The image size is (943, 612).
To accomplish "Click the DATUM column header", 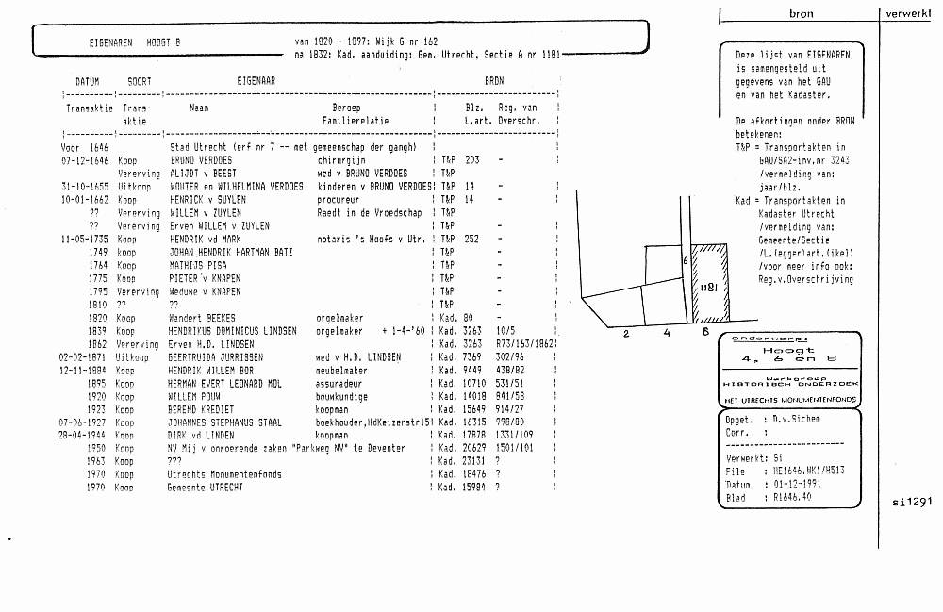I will [87, 82].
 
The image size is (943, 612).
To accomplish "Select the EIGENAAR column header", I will [256, 82].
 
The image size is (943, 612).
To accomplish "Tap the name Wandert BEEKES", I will [201, 319].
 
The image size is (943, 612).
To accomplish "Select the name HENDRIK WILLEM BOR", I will [206, 372].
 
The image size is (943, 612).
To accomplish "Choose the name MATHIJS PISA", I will [192, 266].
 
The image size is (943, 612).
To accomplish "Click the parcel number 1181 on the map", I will [711, 285].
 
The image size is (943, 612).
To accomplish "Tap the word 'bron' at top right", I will [801, 14].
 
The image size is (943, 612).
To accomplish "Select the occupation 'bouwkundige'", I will [342, 398].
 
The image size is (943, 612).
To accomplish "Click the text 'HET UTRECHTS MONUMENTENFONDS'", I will [790, 400].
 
